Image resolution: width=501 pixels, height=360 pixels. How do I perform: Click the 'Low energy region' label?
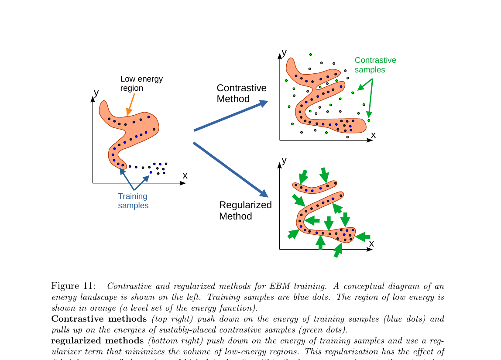(x=141, y=83)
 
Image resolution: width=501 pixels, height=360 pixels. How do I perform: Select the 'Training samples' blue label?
(x=133, y=201)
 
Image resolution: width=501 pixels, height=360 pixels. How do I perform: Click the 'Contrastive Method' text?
(x=241, y=93)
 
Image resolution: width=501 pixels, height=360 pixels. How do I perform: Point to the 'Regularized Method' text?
(x=245, y=210)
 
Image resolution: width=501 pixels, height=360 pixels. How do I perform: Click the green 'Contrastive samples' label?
(x=375, y=65)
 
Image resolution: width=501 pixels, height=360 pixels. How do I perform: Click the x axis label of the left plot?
(x=185, y=175)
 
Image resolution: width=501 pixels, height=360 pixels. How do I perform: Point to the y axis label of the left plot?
(x=96, y=93)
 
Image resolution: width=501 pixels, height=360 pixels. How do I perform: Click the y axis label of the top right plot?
(x=284, y=53)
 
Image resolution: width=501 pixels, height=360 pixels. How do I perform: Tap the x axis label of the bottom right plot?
(x=371, y=243)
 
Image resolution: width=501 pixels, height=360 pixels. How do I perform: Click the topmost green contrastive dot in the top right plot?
(x=310, y=55)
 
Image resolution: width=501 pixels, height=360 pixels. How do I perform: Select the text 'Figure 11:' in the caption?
(x=73, y=286)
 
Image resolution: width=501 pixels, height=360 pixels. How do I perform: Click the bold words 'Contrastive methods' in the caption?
(x=99, y=319)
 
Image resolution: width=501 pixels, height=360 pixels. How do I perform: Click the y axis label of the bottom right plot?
(x=284, y=160)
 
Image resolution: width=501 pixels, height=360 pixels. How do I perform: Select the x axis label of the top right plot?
(x=373, y=135)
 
